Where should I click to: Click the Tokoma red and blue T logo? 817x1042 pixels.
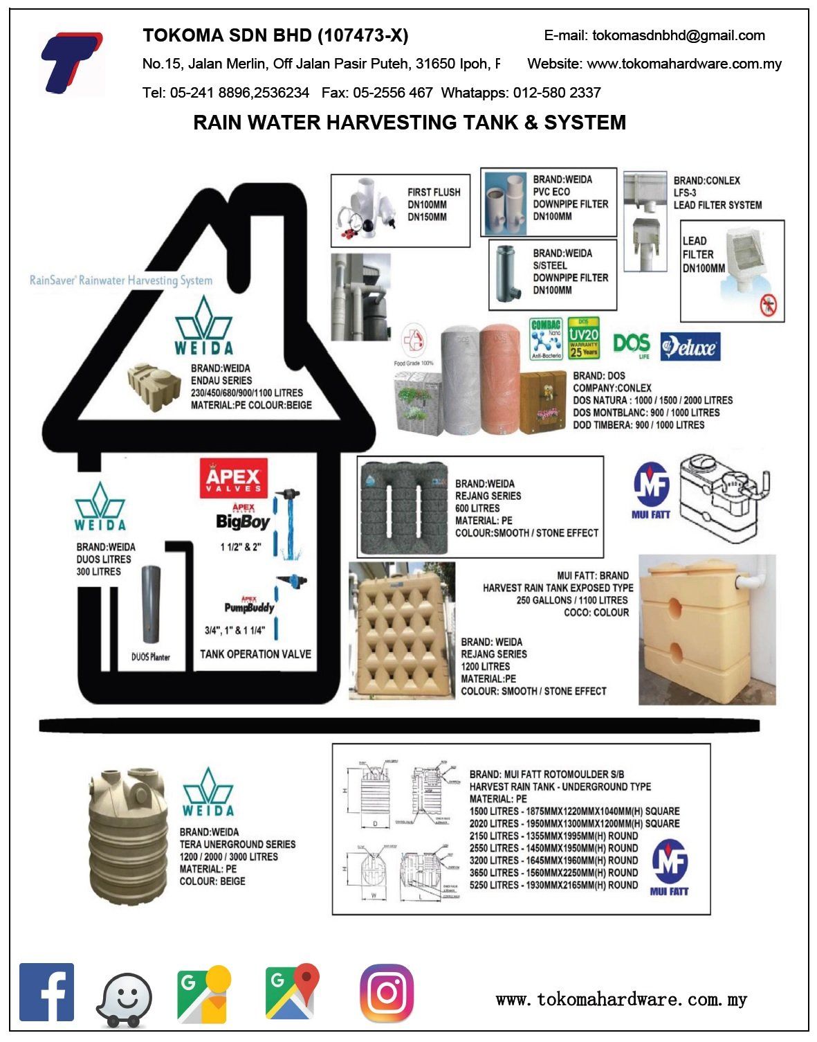[x=71, y=62]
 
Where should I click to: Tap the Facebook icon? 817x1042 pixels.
[x=46, y=991]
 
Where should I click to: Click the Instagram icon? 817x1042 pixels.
[x=387, y=993]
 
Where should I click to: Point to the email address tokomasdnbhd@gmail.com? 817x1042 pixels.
[x=654, y=35]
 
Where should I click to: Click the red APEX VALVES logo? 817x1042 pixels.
[x=233, y=478]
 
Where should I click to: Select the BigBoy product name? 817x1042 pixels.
[x=242, y=521]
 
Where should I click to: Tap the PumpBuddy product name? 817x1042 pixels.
[x=249, y=607]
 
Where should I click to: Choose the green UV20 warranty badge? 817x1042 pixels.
[x=583, y=338]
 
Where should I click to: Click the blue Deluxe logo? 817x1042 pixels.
[x=690, y=347]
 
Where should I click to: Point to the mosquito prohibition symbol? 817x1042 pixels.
[x=768, y=305]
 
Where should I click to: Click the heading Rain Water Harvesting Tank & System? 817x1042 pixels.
[x=409, y=123]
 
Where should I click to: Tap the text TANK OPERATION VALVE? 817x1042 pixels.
[x=255, y=654]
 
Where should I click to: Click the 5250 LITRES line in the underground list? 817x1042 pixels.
[x=553, y=885]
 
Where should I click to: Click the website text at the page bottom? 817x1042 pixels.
[x=621, y=999]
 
